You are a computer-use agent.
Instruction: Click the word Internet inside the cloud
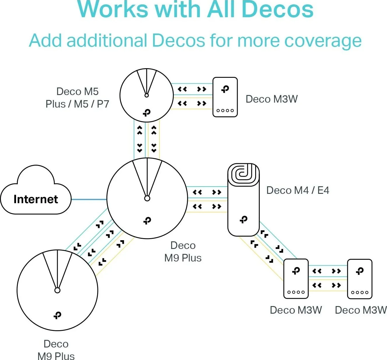[36, 199]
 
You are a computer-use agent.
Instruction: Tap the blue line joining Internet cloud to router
[89, 199]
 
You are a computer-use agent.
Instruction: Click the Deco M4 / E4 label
[297, 190]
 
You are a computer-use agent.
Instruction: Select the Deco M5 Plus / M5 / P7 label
[77, 98]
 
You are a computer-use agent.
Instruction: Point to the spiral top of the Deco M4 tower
[243, 174]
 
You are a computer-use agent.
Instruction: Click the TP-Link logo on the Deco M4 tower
[244, 219]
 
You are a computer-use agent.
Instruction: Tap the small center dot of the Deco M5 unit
[147, 95]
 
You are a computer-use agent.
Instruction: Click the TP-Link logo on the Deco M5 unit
[147, 113]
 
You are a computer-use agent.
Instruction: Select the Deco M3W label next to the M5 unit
[272, 99]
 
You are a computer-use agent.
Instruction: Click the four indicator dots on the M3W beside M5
[225, 110]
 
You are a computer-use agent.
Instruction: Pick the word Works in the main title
[113, 9]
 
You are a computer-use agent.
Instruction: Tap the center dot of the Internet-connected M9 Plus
[147, 199]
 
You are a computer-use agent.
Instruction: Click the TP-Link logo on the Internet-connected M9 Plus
[147, 221]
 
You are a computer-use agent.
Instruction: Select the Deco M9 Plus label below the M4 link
[183, 252]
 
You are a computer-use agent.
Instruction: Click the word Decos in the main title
[277, 9]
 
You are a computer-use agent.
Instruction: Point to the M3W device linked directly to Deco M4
[296, 279]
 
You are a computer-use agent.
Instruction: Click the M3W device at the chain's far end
[360, 279]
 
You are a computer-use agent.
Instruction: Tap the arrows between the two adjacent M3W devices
[327, 278]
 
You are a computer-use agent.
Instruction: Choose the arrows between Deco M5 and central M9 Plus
[147, 139]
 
